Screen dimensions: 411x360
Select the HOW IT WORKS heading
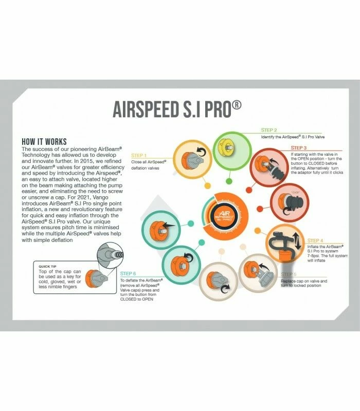click(51, 141)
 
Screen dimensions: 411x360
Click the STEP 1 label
click(139, 155)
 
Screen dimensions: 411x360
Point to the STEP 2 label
click(269, 130)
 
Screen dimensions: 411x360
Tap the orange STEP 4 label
click(315, 240)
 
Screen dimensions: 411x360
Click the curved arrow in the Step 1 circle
click(200, 153)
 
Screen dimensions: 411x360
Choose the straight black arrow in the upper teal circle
click(169, 224)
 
